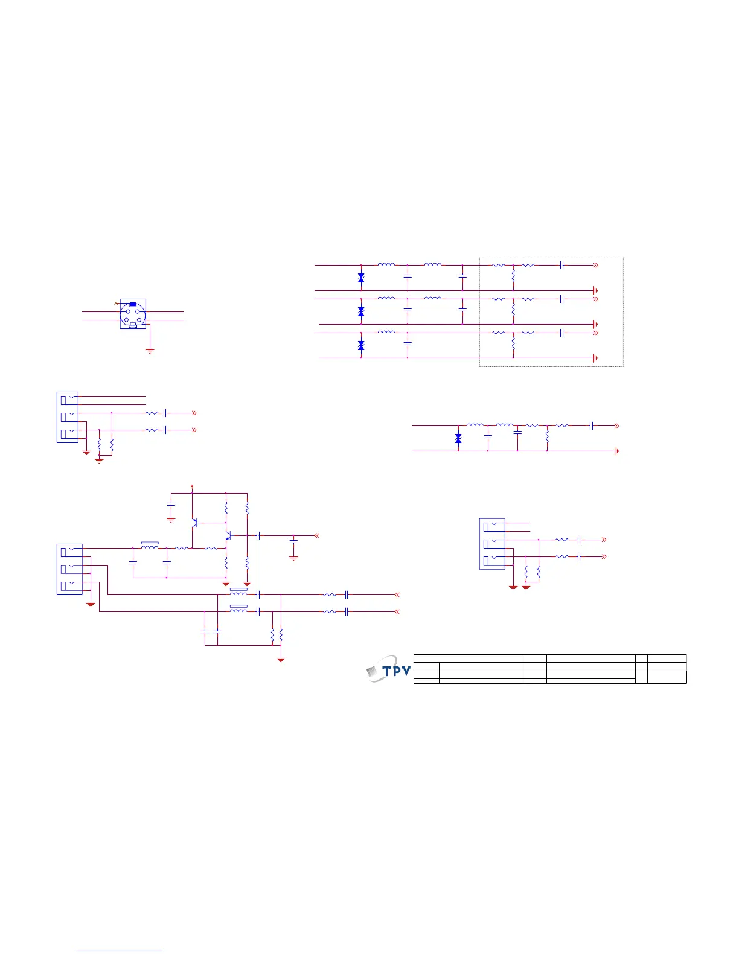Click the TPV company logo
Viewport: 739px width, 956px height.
[x=389, y=669]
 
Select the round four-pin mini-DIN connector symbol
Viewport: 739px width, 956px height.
[x=133, y=314]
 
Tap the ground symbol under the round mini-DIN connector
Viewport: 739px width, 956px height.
[x=150, y=350]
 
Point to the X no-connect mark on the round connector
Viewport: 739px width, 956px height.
[x=116, y=302]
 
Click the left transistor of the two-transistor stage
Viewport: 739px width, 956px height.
[x=195, y=522]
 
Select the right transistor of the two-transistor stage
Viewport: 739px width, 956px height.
[x=228, y=535]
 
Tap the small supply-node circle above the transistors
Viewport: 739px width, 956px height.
[x=192, y=485]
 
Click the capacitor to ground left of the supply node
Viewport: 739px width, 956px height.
[x=171, y=503]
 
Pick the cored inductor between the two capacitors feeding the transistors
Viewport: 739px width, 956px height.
[x=150, y=546]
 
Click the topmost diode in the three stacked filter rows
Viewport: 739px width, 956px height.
[x=361, y=278]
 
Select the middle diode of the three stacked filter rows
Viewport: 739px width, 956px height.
[x=361, y=311]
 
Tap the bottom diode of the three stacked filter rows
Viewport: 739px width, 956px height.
[x=361, y=345]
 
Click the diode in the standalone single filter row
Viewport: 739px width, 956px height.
[x=458, y=438]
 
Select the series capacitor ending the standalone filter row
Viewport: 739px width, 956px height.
[x=592, y=425]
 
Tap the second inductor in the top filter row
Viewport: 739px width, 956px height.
[x=432, y=264]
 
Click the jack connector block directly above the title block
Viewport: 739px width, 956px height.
[x=492, y=544]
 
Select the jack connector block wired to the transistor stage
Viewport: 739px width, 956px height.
[x=69, y=569]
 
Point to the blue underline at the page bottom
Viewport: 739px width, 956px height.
[x=120, y=951]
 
